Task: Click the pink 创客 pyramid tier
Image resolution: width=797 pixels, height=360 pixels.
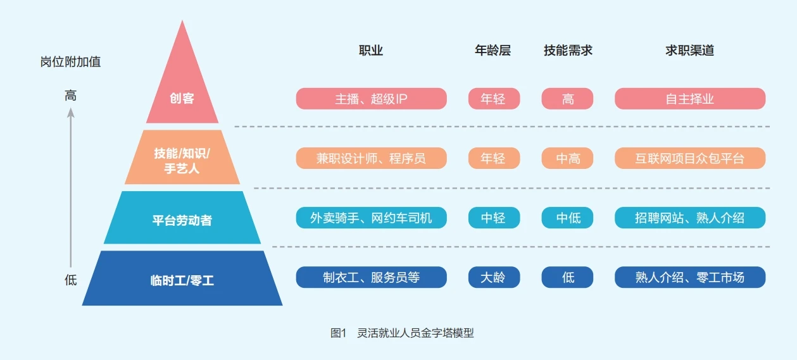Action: point(182,95)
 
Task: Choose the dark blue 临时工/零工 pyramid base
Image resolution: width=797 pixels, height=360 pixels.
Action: point(182,279)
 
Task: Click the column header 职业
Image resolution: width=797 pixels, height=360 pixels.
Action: point(371,51)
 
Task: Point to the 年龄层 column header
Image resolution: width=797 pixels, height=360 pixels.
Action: point(493,51)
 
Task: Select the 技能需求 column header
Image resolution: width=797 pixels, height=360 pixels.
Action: point(568,51)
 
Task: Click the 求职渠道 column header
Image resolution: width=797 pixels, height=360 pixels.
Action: point(689,51)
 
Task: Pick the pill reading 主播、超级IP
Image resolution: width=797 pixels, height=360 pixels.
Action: point(371,99)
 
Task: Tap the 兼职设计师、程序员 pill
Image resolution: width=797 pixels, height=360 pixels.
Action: point(371,158)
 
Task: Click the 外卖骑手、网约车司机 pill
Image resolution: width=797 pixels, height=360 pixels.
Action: point(371,218)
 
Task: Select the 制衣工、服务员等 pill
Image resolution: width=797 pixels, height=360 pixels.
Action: point(371,277)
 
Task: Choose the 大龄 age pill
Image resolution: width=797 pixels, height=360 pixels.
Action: point(494,277)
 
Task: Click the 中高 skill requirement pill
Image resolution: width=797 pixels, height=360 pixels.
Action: point(567,158)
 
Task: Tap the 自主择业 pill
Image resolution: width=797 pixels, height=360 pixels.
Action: point(689,99)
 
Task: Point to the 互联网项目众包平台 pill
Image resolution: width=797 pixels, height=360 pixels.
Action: point(689,158)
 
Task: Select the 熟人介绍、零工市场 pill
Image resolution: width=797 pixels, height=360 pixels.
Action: point(689,277)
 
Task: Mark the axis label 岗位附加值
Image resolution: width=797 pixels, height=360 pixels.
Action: point(70,62)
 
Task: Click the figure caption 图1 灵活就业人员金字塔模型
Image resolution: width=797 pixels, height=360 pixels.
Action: point(402,333)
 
